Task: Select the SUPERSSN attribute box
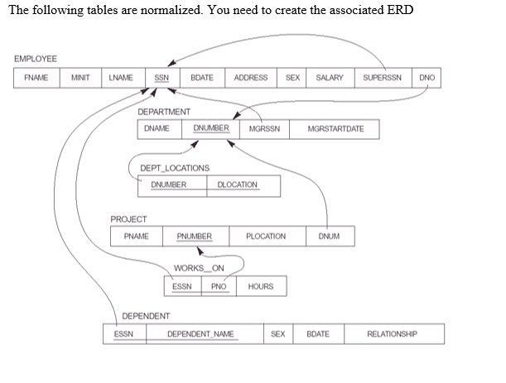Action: pyautogui.click(x=383, y=78)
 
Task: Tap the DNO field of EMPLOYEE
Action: pyautogui.click(x=426, y=78)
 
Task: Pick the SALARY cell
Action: pyautogui.click(x=330, y=78)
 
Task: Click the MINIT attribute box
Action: pyautogui.click(x=80, y=78)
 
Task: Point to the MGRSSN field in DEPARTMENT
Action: pyautogui.click(x=264, y=129)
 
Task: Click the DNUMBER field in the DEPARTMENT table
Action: pyautogui.click(x=211, y=129)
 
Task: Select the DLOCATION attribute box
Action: pyautogui.click(x=238, y=184)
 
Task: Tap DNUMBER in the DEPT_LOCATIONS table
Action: pyautogui.click(x=168, y=184)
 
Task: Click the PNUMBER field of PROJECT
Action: pyautogui.click(x=195, y=237)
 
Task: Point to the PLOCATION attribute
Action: pyautogui.click(x=266, y=237)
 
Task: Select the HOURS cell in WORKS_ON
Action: pyautogui.click(x=261, y=286)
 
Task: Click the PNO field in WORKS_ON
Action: pyautogui.click(x=219, y=286)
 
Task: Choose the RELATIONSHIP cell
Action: pyautogui.click(x=393, y=334)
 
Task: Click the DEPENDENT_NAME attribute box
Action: pyautogui.click(x=200, y=334)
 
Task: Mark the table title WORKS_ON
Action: pyautogui.click(x=199, y=268)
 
